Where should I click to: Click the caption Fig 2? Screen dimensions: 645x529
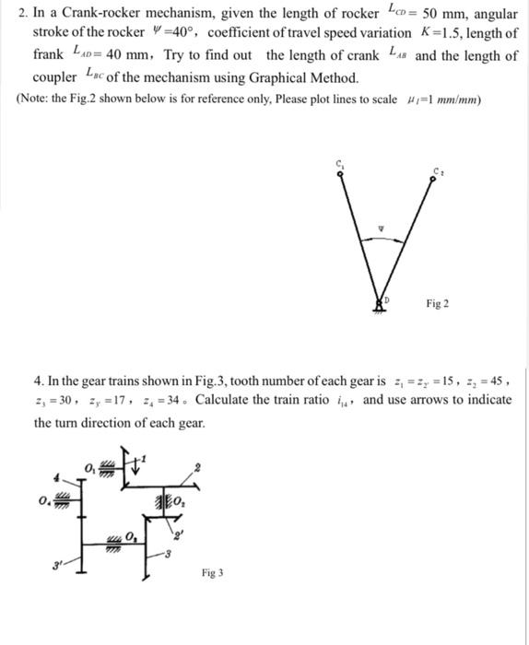click(x=438, y=303)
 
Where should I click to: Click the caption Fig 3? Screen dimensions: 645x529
click(x=212, y=572)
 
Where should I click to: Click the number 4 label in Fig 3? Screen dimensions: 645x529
click(x=56, y=477)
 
